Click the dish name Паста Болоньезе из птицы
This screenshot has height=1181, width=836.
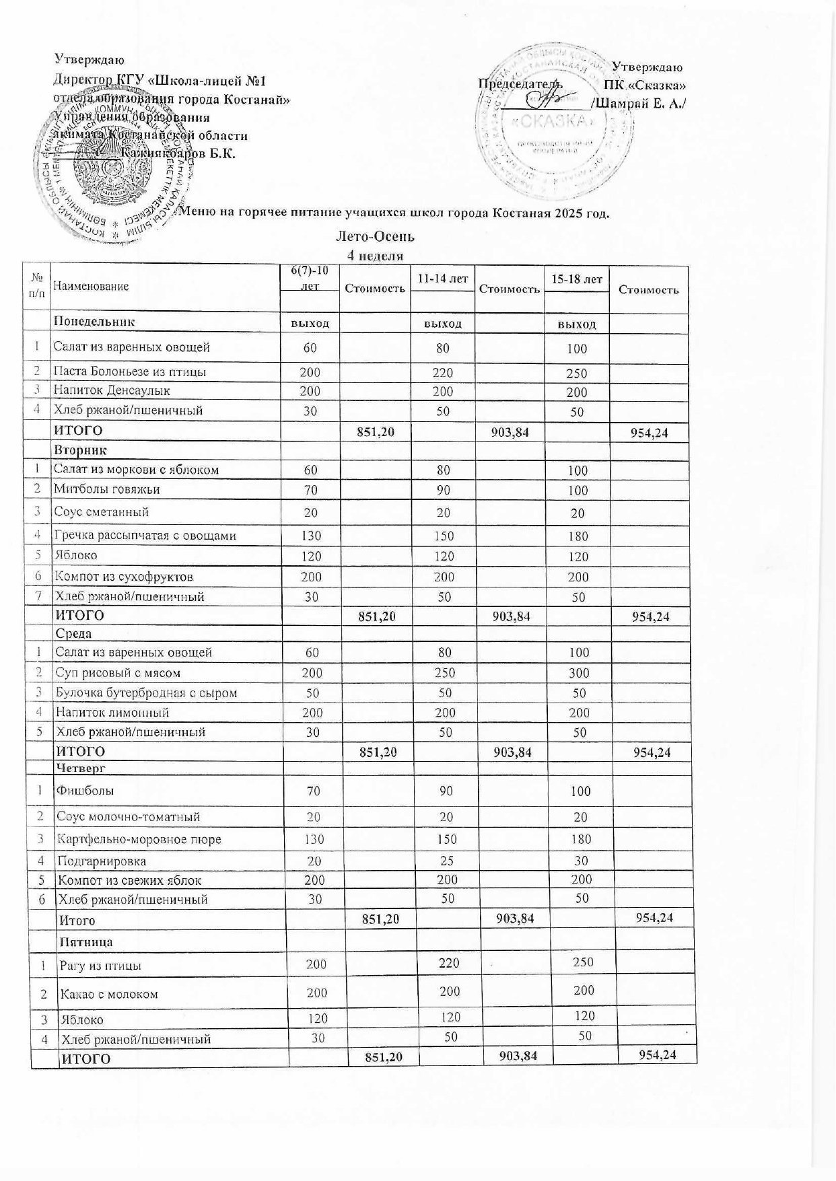tap(130, 372)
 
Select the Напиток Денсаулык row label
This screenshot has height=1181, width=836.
tap(112, 390)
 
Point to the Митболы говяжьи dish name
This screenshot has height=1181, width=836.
tap(107, 489)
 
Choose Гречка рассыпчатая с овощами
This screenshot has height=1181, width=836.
tap(145, 536)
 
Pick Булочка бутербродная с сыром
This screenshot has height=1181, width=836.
tap(146, 692)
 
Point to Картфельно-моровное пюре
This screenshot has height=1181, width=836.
tap(139, 839)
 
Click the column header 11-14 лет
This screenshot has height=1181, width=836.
tap(442, 279)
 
